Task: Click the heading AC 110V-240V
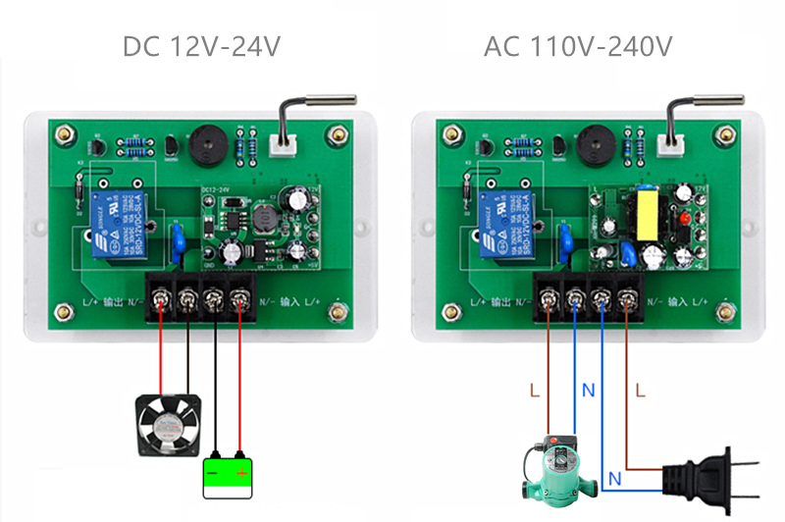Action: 578,46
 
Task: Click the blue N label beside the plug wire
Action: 612,480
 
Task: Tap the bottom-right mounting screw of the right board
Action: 726,311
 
